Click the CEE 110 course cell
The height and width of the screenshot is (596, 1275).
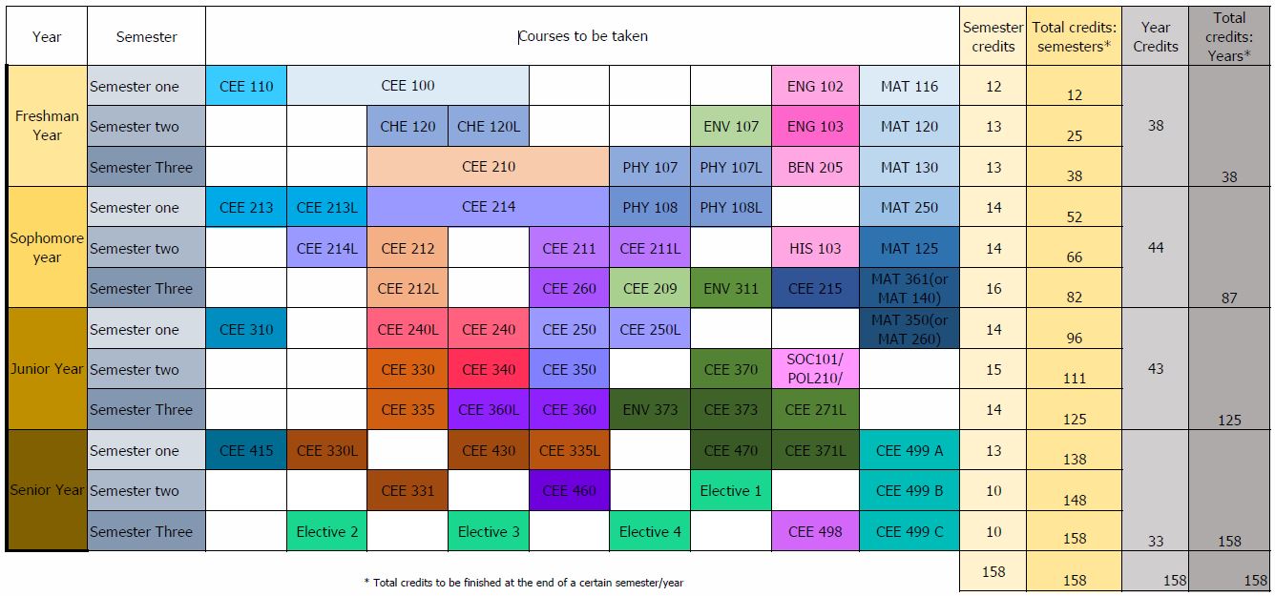pos(246,86)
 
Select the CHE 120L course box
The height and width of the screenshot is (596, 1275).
pos(488,126)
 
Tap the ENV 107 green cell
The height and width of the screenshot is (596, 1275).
pos(730,126)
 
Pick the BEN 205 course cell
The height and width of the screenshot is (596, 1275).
pos(815,167)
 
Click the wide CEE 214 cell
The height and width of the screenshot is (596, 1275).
pos(488,207)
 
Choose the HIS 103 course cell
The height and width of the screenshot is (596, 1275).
pos(815,248)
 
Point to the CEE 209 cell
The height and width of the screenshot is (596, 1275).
pos(649,288)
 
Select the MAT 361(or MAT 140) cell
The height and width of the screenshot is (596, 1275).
pos(909,288)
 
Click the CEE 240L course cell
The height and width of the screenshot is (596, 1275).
pos(408,329)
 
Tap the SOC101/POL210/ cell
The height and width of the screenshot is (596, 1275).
pos(815,369)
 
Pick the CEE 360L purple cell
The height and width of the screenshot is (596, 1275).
pos(488,410)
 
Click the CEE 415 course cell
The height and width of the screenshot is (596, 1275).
pos(246,450)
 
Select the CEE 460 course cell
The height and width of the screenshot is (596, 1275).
pos(569,491)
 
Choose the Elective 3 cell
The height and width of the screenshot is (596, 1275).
pos(488,531)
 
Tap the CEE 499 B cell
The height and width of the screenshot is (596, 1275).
pos(909,491)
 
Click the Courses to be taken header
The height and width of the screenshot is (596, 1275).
pos(582,36)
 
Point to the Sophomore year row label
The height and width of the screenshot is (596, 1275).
pos(47,248)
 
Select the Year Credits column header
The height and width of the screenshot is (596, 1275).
pos(1155,36)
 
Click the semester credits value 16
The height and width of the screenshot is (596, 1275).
pos(993,288)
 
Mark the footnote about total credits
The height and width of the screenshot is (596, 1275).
pos(523,582)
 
